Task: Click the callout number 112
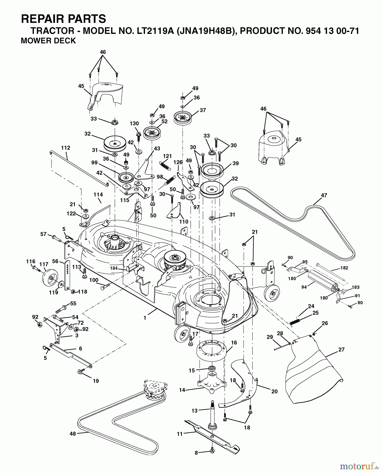(65, 148)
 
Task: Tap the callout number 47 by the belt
(324, 195)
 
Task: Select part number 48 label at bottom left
(73, 434)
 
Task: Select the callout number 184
(114, 268)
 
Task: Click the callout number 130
(134, 124)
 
